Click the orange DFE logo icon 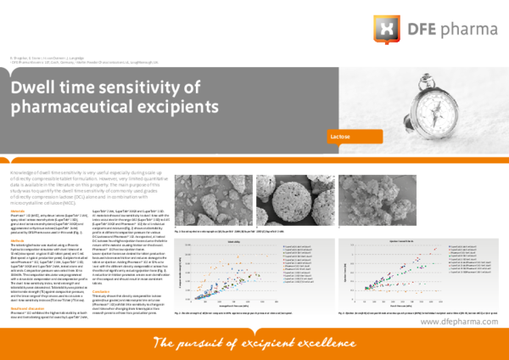[385, 29]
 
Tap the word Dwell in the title [36, 88]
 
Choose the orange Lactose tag [355, 136]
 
